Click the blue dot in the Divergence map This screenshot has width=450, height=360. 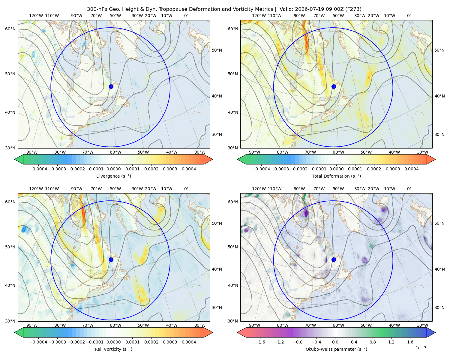111,86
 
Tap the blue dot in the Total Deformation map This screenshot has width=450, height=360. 334,86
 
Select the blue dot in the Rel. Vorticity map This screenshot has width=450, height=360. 111,259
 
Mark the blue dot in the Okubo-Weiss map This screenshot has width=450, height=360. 334,259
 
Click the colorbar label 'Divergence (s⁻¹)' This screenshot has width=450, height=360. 113,176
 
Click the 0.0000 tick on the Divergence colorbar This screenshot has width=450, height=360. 113,169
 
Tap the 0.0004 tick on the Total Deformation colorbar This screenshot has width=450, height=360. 411,169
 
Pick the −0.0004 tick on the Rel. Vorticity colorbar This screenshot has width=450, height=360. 38,342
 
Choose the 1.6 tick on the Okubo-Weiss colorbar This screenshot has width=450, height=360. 410,342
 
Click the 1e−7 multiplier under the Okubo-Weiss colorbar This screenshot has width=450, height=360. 421,348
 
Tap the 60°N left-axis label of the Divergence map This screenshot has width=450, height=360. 10,29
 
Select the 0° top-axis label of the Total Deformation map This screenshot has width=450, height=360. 409,16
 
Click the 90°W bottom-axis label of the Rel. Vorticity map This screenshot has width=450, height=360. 32,325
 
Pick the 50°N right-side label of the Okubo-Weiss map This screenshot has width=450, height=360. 439,223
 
